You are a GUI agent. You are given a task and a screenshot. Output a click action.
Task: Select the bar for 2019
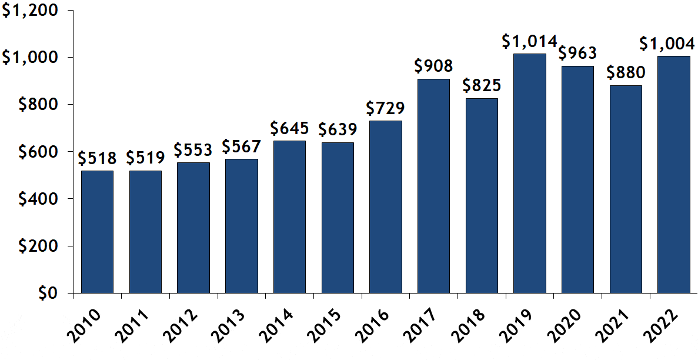coord(529,174)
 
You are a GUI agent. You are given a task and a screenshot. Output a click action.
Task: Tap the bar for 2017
coord(433,186)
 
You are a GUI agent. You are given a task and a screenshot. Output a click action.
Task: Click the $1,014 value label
coord(529,42)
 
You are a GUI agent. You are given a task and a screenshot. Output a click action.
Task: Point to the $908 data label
coord(433,66)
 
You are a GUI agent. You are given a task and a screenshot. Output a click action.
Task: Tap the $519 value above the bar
coord(145,158)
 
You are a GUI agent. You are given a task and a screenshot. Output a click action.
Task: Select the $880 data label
coord(626,74)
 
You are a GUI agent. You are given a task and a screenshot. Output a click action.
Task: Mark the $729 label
coord(386,109)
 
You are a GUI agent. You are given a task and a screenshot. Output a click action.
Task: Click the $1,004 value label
coord(673,44)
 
